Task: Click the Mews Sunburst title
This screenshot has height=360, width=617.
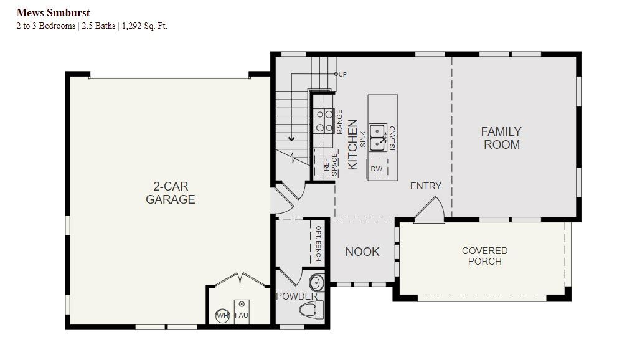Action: [53, 12]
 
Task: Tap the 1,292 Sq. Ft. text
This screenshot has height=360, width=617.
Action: [144, 26]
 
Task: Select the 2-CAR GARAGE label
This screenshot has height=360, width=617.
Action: [171, 193]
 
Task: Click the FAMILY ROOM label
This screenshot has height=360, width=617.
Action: [501, 138]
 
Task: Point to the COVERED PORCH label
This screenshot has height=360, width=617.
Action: [484, 256]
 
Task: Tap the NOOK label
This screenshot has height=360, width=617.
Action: [362, 252]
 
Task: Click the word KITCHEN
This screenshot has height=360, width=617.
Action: [352, 144]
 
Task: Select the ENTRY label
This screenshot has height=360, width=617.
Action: [425, 186]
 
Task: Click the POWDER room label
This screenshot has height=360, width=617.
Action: [297, 296]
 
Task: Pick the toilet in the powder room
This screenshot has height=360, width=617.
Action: [312, 310]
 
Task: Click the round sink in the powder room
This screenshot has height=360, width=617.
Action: [316, 282]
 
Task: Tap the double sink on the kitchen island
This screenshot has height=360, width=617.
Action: [378, 138]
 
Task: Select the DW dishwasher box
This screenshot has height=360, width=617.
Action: [377, 169]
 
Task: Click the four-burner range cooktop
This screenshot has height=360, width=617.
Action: [324, 121]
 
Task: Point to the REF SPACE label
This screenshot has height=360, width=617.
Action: [330, 164]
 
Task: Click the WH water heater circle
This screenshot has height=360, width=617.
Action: [222, 316]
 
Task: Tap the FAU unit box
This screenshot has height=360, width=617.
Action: [241, 312]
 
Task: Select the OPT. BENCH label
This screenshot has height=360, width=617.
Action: [318, 243]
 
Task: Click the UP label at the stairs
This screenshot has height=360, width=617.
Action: [342, 74]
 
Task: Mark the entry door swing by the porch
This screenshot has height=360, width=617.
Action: [430, 209]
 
